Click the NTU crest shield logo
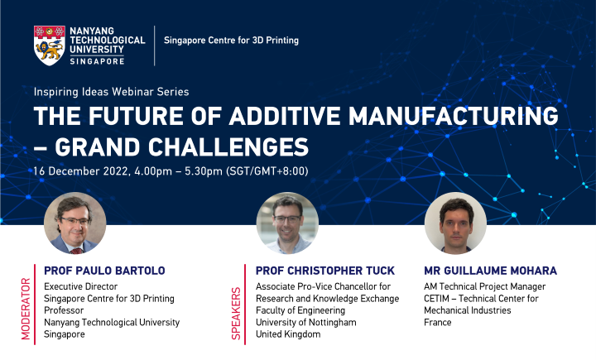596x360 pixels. [49, 44]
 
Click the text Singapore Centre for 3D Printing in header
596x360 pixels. [232, 41]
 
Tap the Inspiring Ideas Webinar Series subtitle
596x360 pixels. [112, 91]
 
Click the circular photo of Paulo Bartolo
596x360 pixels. [75, 223]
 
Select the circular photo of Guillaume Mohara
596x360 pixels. [455, 223]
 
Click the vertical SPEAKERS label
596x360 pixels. [238, 314]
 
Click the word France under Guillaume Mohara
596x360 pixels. [436, 322]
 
